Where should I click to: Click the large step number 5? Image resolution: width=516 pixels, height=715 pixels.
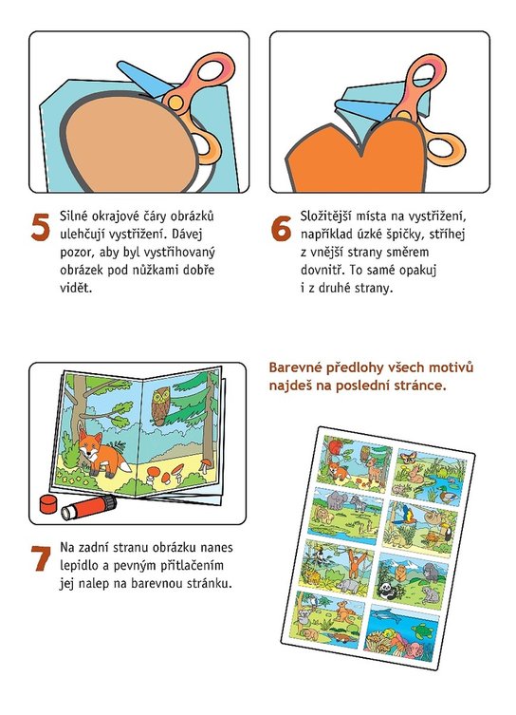(40, 227)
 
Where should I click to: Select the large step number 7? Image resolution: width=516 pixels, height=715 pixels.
(41, 558)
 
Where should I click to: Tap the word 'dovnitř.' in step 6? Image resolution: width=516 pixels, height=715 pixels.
(323, 270)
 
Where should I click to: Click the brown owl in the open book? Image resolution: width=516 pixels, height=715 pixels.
(160, 405)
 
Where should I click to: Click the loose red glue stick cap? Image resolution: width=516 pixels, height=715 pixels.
(48, 503)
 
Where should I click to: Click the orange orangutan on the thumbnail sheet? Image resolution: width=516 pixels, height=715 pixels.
(356, 564)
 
